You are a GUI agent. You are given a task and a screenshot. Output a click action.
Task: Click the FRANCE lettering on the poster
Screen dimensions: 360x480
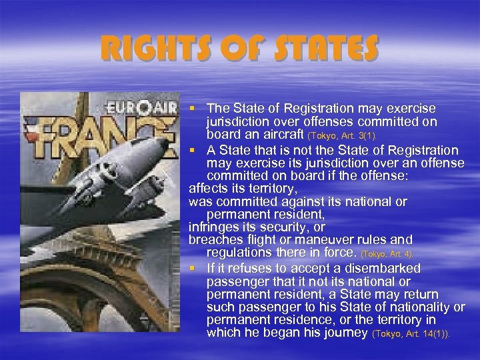tap(100, 133)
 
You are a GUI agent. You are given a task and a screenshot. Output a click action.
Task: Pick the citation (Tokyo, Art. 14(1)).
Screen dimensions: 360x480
tap(411, 333)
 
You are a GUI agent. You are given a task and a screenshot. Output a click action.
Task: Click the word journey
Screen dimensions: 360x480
tap(345, 332)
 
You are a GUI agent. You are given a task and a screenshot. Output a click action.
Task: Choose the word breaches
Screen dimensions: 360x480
tap(214, 239)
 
